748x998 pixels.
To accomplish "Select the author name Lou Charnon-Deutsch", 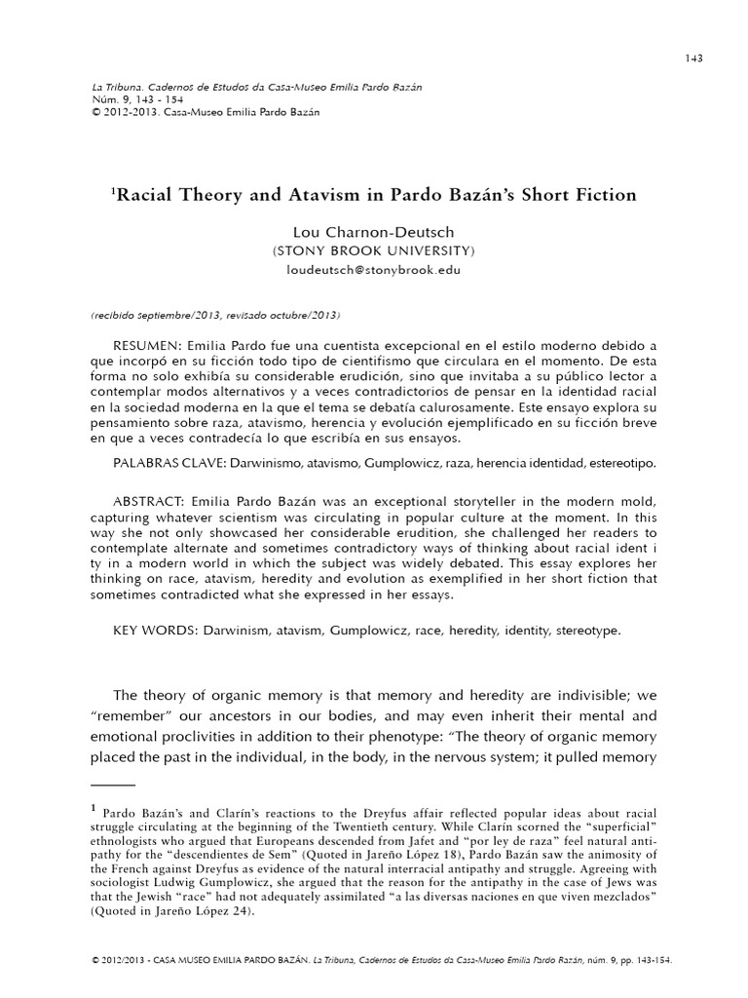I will click(x=374, y=233).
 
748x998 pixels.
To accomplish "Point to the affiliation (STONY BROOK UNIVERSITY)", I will click(x=374, y=250).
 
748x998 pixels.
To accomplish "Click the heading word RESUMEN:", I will click(x=147, y=347).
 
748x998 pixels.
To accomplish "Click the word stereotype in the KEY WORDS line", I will click(x=586, y=630).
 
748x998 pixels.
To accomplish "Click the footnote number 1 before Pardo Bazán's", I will click(x=93, y=807).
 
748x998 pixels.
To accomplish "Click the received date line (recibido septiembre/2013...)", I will click(x=215, y=317).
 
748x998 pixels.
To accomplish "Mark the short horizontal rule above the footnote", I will click(x=112, y=783).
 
